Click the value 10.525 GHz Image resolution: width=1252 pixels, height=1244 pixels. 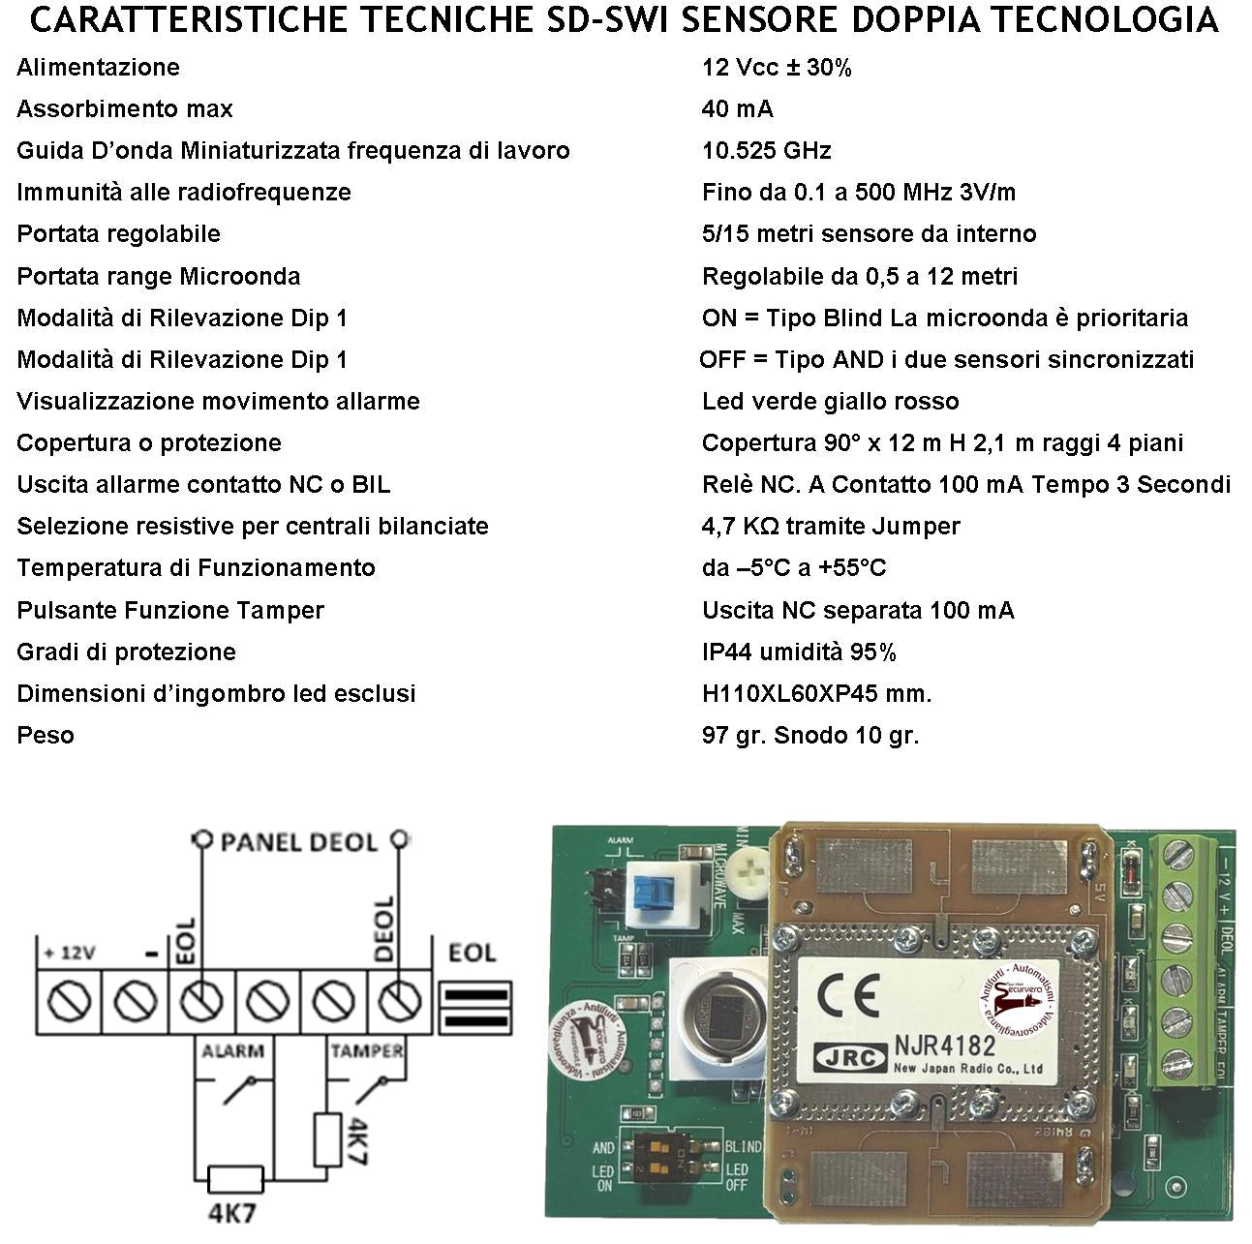pos(766,151)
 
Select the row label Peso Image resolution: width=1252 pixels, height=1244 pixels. pos(46,736)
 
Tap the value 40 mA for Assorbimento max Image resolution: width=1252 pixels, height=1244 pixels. pos(737,109)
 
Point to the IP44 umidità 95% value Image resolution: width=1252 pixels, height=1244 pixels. pos(799,652)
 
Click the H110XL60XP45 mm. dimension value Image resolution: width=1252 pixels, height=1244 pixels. pos(816,694)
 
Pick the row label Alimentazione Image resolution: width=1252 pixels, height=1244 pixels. pos(98,68)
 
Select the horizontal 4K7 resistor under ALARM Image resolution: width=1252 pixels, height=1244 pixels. pos(235,1179)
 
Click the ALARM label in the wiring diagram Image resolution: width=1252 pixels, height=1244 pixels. pos(232,1050)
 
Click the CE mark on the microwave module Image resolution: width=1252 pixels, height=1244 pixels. pos(847,996)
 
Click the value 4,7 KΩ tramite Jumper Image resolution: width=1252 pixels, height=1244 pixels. pos(831,527)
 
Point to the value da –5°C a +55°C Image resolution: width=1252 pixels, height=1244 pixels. pos(794,568)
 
